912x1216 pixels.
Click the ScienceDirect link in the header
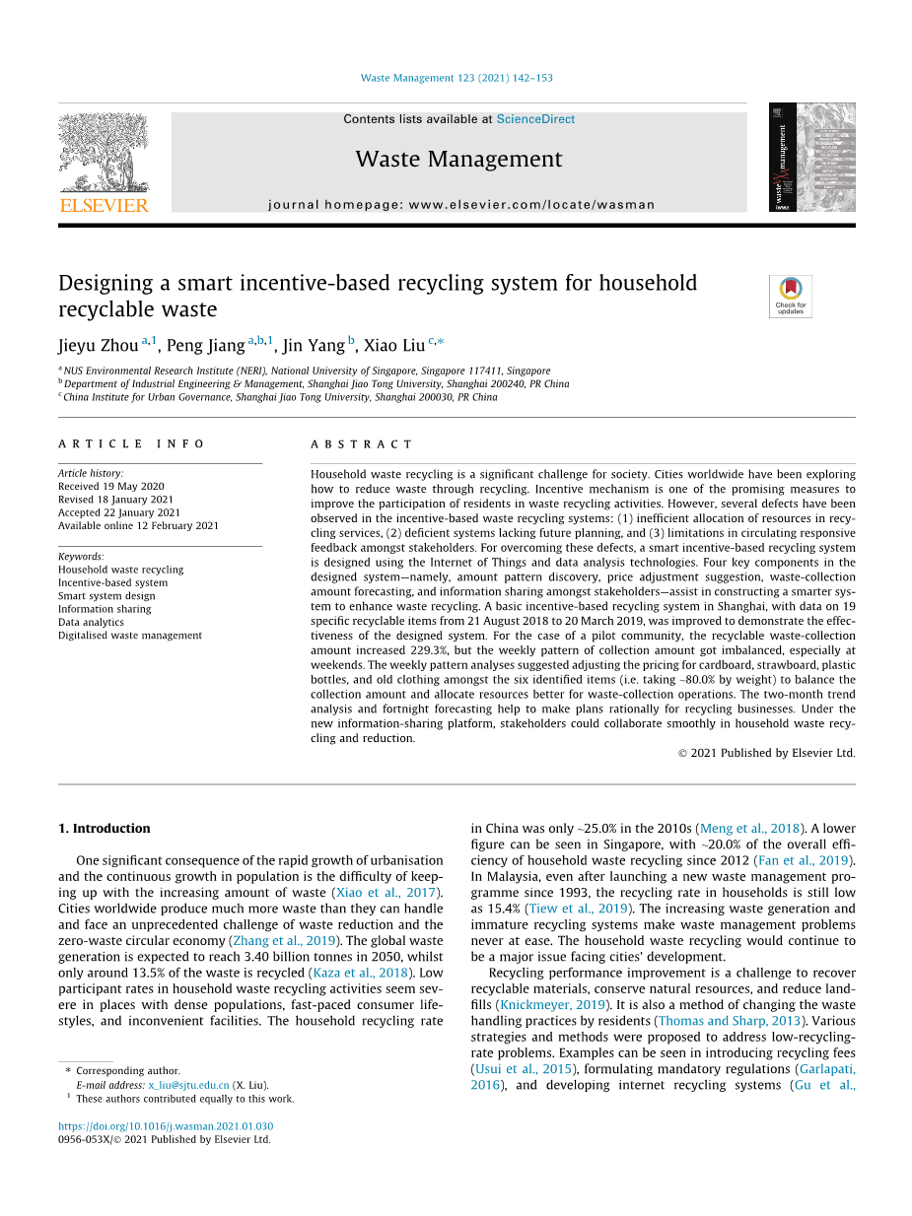[535, 119]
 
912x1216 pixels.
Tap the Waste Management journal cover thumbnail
[811, 157]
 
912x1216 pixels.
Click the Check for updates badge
[790, 296]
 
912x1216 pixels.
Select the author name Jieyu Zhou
[98, 346]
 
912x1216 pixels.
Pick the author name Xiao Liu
[394, 346]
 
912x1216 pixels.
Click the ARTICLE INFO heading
[131, 444]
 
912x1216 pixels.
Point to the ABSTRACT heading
[362, 444]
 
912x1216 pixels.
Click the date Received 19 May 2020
[111, 487]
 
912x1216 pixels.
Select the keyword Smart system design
[106, 596]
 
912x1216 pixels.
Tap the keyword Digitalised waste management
[130, 636]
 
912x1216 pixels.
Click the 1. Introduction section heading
[105, 829]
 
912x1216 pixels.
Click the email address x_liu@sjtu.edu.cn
[188, 1085]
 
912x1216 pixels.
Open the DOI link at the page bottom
[166, 1126]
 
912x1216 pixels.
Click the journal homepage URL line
[461, 205]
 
